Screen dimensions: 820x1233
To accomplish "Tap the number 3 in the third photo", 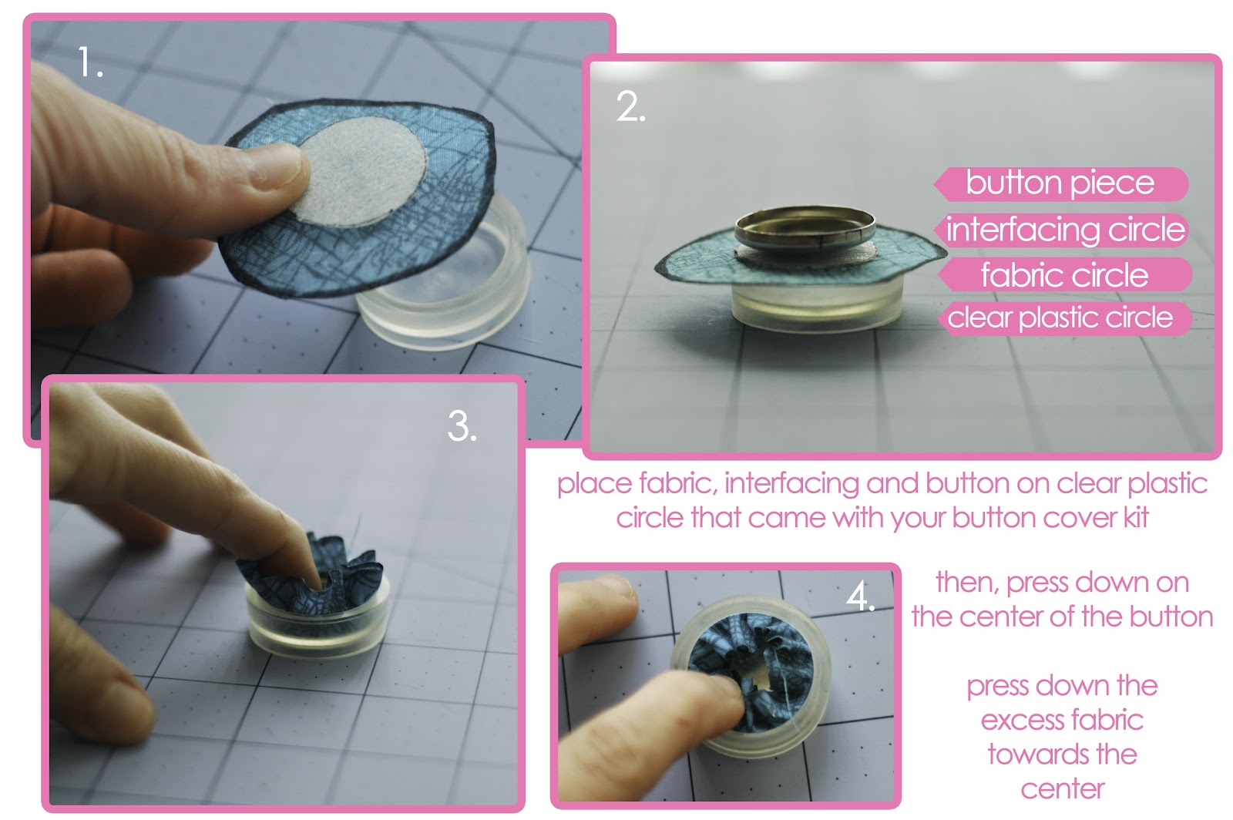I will click(x=461, y=425).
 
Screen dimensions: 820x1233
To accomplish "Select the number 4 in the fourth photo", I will click(x=859, y=596).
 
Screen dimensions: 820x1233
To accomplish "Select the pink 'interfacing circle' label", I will click(x=1064, y=230).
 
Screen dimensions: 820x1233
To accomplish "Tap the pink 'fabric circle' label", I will click(x=1064, y=275).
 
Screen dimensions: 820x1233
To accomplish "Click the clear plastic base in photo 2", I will click(x=817, y=305).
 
